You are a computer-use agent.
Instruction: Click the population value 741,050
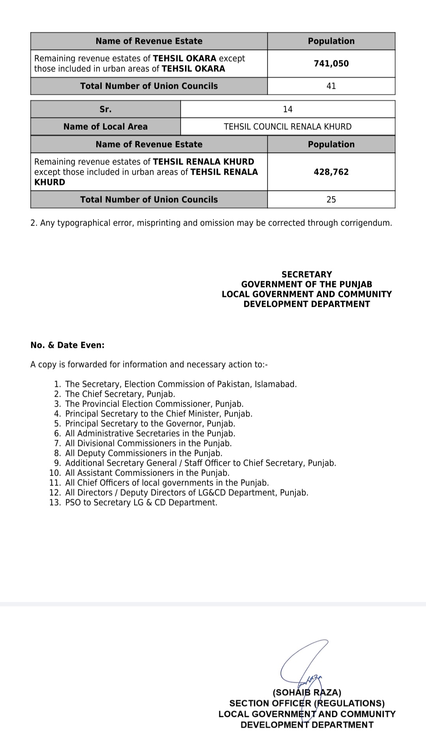pos(331,63)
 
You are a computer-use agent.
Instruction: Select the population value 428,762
pos(331,172)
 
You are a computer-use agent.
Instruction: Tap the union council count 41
pos(331,86)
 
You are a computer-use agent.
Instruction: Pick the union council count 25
pos(331,200)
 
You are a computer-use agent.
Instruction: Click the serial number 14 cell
pos(288,109)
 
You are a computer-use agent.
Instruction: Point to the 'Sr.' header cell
pos(105,109)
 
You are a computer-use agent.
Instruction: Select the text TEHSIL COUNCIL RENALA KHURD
pos(288,127)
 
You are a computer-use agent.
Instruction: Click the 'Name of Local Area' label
pos(105,127)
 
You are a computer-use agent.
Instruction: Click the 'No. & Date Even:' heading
pos(67,345)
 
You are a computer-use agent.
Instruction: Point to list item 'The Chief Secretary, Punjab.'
pos(120,394)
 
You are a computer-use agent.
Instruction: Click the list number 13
pos(55,502)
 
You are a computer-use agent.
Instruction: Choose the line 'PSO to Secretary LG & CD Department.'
pos(141,502)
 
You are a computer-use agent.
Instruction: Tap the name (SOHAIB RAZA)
pos(307,692)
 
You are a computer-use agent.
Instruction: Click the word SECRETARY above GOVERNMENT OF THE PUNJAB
pos(306,274)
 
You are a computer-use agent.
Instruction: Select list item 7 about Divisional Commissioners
pos(148,443)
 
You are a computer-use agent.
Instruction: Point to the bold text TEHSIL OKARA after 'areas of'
pos(193,69)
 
